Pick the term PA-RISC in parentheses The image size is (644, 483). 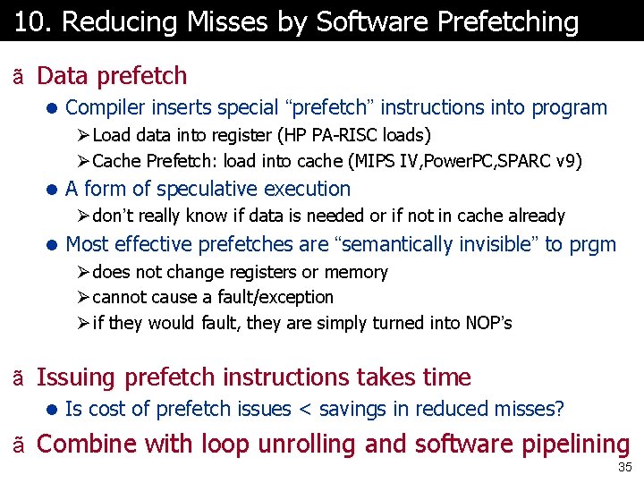click(345, 136)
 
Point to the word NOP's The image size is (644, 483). click(488, 323)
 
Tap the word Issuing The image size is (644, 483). click(77, 378)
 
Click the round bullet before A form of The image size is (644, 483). click(53, 190)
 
